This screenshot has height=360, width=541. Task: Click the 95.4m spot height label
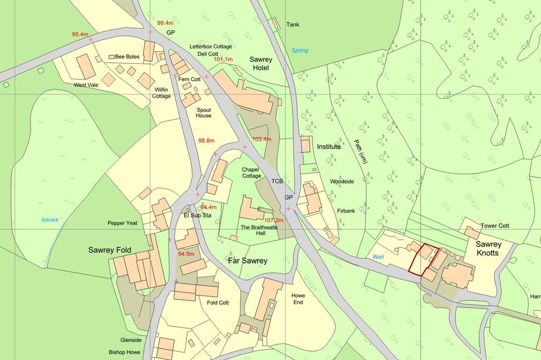[80, 34]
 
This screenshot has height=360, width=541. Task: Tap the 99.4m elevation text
[165, 23]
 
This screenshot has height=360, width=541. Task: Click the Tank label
[293, 24]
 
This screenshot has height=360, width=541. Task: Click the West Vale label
[87, 84]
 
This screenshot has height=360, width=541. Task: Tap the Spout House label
[204, 112]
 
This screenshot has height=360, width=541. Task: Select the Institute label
[329, 146]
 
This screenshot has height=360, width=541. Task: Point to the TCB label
[277, 181]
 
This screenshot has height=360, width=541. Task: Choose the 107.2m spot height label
[274, 220]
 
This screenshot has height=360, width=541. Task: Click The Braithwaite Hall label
[259, 230]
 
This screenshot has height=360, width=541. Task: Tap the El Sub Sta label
[197, 215]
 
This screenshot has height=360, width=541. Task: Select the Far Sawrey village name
[247, 261]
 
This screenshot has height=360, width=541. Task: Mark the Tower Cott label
[495, 225]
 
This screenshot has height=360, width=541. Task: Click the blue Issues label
[50, 219]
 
